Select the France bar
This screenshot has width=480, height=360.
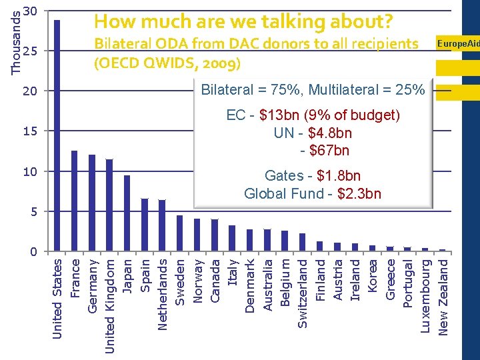coord(74,201)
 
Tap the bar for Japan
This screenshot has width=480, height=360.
coord(127,213)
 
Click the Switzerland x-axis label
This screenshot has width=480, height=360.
coord(302,293)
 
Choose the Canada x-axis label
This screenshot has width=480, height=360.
coord(215,280)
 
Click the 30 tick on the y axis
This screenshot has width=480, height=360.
coord(29,11)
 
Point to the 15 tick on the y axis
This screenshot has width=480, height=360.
coord(29,131)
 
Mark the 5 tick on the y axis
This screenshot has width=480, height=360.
coord(33,211)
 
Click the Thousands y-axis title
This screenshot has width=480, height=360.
coord(15,37)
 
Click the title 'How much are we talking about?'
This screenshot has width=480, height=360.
coord(243,21)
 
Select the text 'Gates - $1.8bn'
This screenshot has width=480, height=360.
coord(313,176)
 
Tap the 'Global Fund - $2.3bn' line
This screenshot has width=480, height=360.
coord(313,194)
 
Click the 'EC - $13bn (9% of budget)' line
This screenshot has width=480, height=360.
coord(313,115)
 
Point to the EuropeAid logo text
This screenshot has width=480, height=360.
coord(458,43)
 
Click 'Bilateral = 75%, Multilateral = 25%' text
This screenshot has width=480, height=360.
coord(313,89)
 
